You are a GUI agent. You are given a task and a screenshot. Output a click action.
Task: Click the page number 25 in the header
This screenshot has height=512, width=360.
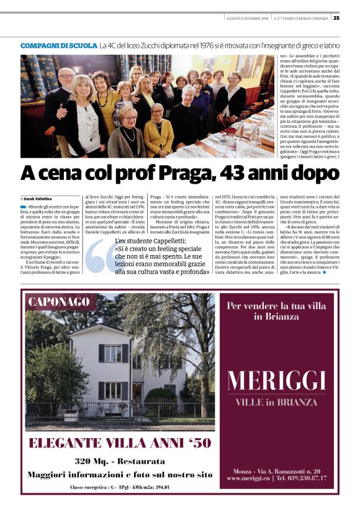click(x=336, y=17)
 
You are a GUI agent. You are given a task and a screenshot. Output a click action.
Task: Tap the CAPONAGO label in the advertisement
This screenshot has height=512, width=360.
click(x=59, y=302)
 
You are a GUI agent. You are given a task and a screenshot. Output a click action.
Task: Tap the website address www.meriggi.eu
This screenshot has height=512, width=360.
click(x=247, y=478)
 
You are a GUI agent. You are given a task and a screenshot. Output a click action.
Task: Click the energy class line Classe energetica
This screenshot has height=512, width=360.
click(x=120, y=487)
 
